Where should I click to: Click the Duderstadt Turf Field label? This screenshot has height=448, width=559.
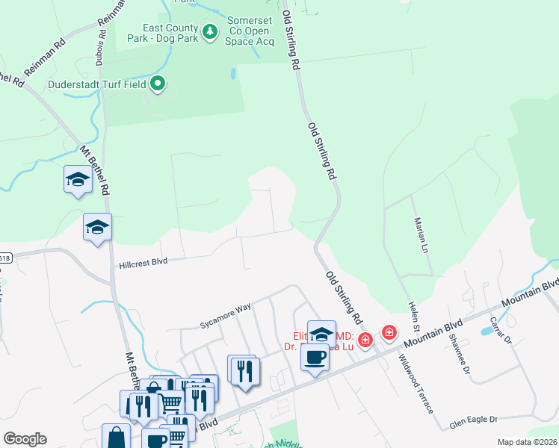(x=97, y=84)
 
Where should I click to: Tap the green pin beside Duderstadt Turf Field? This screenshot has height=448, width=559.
(x=158, y=84)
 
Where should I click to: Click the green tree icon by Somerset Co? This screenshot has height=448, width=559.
(x=211, y=31)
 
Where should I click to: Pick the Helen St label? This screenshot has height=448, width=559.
(x=414, y=317)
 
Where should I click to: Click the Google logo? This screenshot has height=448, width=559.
(x=25, y=439)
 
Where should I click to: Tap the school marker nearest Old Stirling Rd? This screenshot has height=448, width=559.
(x=321, y=333)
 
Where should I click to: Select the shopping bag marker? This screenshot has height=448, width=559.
(x=117, y=438)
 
